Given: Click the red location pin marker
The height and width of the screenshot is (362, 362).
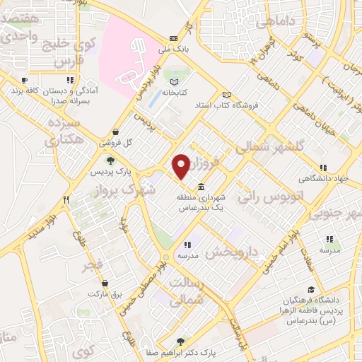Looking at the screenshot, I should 182,165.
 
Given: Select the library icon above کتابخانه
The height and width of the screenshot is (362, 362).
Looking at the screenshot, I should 175,82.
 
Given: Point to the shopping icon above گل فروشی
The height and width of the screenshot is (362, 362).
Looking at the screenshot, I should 116,132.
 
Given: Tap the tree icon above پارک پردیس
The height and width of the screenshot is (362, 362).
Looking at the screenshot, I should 108,160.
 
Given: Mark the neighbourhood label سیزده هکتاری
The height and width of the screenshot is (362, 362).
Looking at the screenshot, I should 60,132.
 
